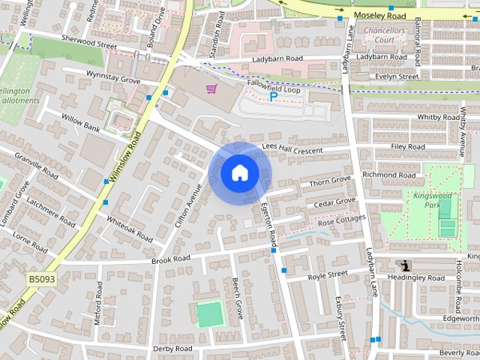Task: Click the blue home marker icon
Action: (x=239, y=173)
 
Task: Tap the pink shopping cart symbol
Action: (x=211, y=89)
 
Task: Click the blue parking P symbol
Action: (x=274, y=97)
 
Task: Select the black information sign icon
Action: (x=406, y=265)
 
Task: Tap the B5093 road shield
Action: (x=42, y=279)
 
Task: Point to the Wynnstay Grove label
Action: (x=112, y=77)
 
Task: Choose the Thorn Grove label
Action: (x=330, y=181)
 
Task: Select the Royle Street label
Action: (x=328, y=275)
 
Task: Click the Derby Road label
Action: (x=172, y=349)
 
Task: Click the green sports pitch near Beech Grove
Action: (x=210, y=313)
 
